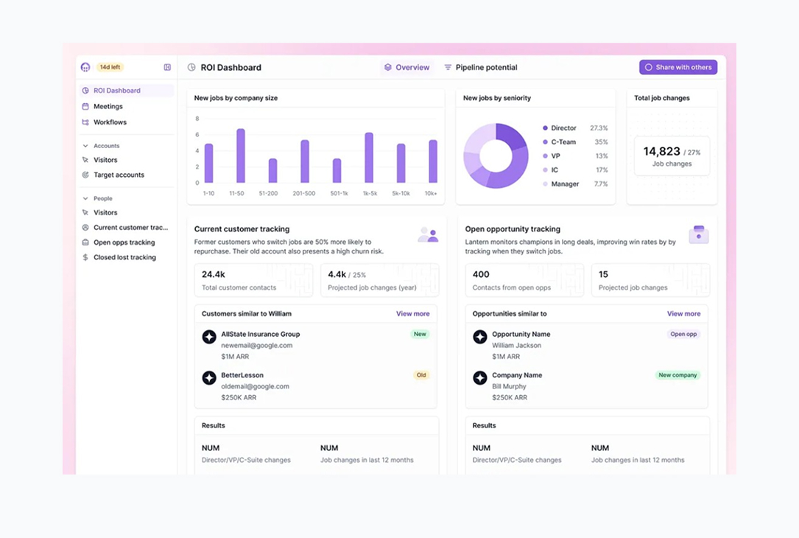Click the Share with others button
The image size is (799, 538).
tap(678, 67)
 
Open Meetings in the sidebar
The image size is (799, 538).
tap(108, 106)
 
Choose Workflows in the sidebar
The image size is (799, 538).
tap(110, 122)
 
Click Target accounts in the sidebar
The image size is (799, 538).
tap(119, 175)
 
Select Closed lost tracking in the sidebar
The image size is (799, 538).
tap(124, 257)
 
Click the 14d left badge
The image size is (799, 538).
tap(110, 67)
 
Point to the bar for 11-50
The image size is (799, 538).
tap(240, 156)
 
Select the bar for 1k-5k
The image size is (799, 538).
tap(369, 158)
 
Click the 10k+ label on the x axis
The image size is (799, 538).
tap(430, 193)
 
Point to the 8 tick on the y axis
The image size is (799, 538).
tap(197, 119)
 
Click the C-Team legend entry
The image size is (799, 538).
tap(563, 142)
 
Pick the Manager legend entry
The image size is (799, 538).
tap(565, 184)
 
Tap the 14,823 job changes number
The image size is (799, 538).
tap(661, 151)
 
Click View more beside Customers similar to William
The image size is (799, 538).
tap(412, 313)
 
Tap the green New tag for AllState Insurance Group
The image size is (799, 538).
tap(420, 334)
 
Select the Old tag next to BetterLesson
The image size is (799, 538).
tap(421, 375)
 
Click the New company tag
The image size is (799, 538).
tap(677, 375)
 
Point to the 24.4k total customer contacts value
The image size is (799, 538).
tap(214, 274)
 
